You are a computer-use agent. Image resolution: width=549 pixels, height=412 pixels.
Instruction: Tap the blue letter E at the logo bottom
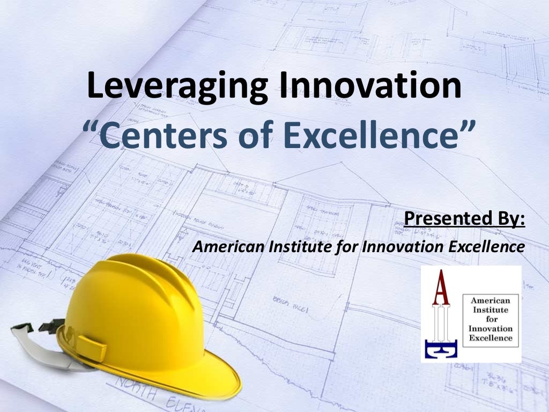pos(441,349)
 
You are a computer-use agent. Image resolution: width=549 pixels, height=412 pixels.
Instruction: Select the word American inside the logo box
pos(491,301)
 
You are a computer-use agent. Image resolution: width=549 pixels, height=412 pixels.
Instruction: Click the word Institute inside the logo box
pos(491,310)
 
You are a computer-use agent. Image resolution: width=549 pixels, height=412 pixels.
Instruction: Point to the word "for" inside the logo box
pos(491,319)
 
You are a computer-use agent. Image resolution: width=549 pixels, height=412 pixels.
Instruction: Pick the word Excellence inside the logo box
pos(491,338)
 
